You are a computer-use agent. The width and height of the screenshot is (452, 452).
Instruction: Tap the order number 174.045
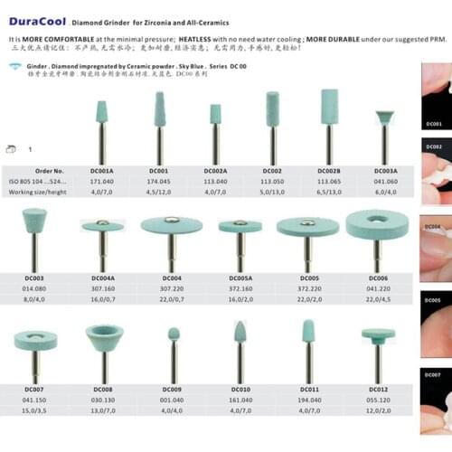[x=159, y=181]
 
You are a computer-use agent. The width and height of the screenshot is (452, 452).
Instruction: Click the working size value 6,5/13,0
[x=327, y=193]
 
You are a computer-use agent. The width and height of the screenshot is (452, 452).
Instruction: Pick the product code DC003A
[x=384, y=171]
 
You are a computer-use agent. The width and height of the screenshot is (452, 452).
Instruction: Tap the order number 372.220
[x=309, y=287]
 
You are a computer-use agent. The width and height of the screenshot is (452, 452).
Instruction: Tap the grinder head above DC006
[x=376, y=224]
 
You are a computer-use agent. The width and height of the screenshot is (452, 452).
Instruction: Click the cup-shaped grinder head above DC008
[x=104, y=338]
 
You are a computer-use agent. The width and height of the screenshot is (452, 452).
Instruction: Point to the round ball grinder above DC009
[x=173, y=334]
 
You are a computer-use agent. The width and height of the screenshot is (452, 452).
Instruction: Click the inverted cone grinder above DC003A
[x=384, y=118]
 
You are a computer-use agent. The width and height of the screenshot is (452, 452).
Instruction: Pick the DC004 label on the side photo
[x=434, y=227]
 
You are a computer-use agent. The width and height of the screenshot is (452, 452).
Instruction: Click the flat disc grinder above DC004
[x=172, y=225]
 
